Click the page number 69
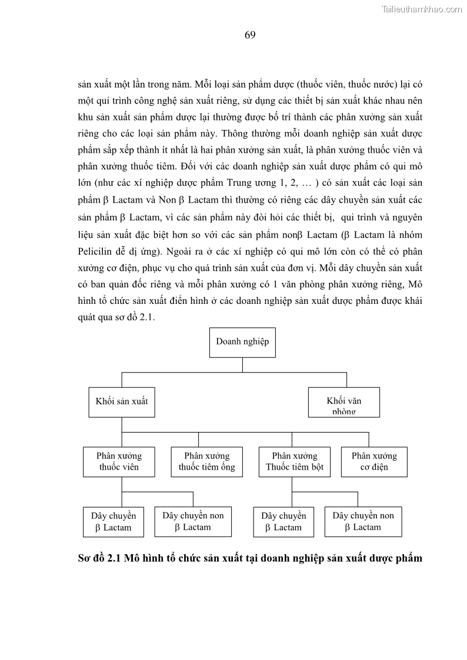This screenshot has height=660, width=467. pos(250,35)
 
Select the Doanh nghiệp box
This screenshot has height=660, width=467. pos(242,342)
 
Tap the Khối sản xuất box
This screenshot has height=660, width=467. pos(122,402)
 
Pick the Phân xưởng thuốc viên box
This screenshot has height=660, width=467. pos(119,462)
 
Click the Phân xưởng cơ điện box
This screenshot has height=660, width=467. pos(374,462)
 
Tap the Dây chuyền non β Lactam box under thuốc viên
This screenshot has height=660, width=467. pos(193,521)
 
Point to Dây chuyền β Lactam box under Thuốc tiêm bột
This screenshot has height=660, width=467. pos(283,522)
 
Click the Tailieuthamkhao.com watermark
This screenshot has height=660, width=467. pos(422,9)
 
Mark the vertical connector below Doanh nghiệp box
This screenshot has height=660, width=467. pos(242,365)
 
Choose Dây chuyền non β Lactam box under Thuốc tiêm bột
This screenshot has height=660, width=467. pos(363,521)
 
